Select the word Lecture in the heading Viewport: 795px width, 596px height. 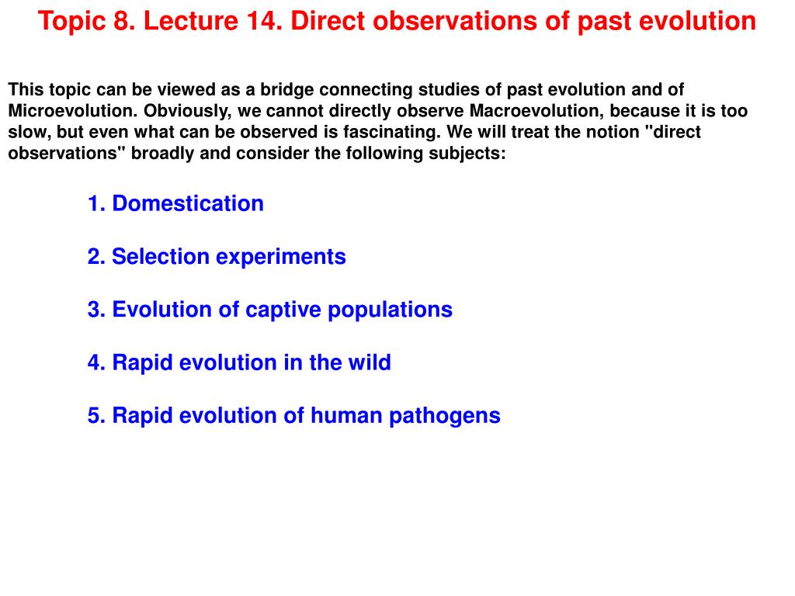[192, 21]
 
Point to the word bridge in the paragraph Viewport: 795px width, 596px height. [286, 90]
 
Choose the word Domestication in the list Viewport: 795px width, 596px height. [188, 203]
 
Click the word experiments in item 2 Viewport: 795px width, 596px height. [281, 257]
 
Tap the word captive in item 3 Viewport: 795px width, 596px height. [283, 310]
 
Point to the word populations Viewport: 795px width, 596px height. [390, 310]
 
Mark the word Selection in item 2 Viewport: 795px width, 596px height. [161, 256]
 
